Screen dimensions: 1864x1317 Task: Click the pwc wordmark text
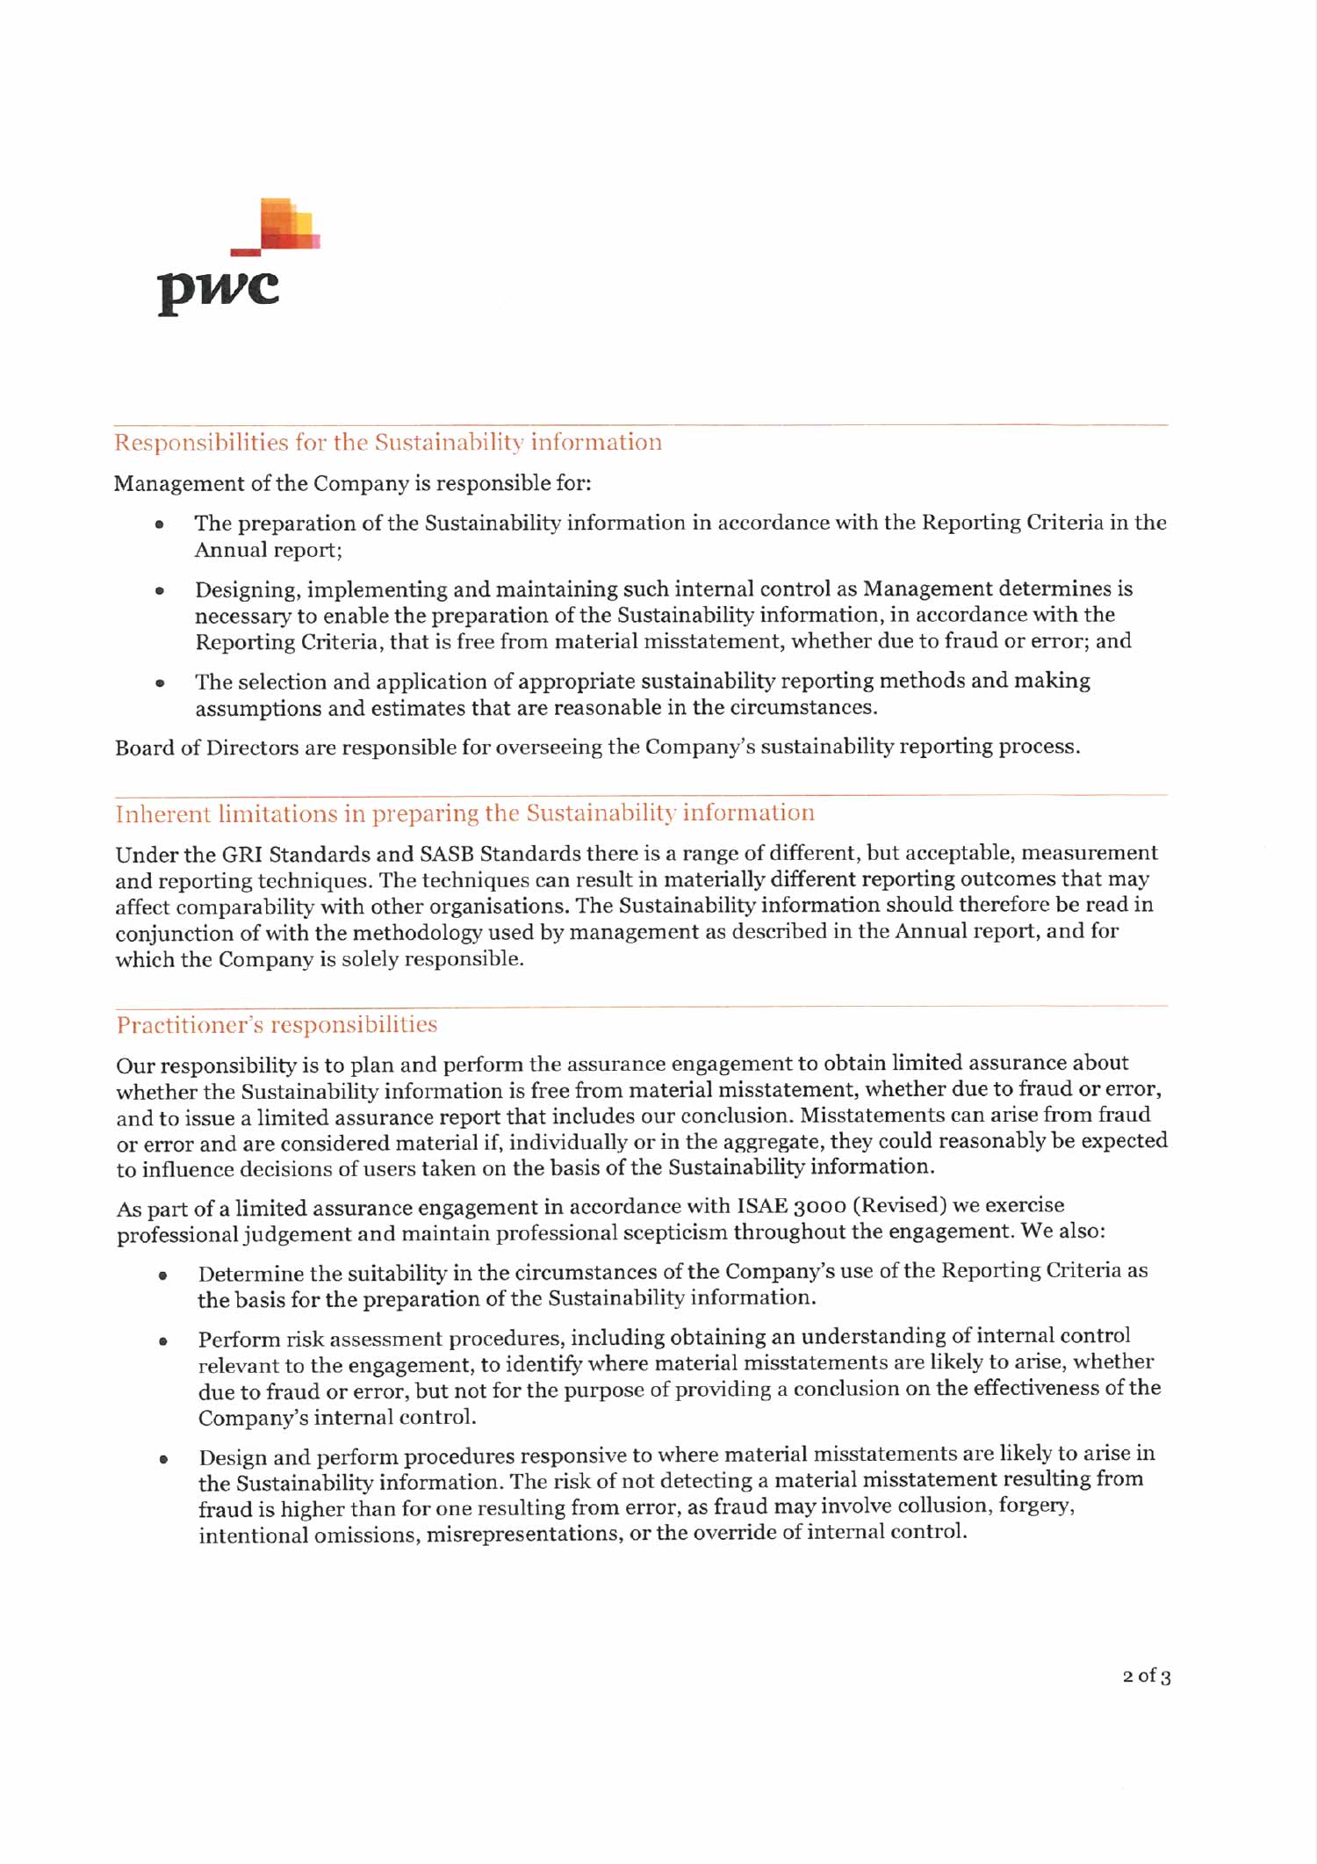pos(219,289)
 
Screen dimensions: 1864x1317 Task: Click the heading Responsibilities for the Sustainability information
pos(388,443)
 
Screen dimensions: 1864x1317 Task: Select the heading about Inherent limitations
pos(464,813)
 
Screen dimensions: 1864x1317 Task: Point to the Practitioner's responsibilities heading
pos(277,1025)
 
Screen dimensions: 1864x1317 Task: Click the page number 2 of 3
pos(1146,1676)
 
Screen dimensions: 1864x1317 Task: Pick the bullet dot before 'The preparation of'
pos(159,524)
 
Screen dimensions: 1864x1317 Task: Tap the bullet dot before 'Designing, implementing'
pos(159,590)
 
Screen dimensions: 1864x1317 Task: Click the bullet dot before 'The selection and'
pos(159,683)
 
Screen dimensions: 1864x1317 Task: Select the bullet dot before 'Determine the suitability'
pos(162,1275)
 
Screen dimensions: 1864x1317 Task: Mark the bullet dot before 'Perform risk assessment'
pos(162,1340)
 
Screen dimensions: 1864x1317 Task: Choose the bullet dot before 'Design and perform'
pos(162,1459)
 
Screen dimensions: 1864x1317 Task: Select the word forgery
pos(1036,1506)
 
